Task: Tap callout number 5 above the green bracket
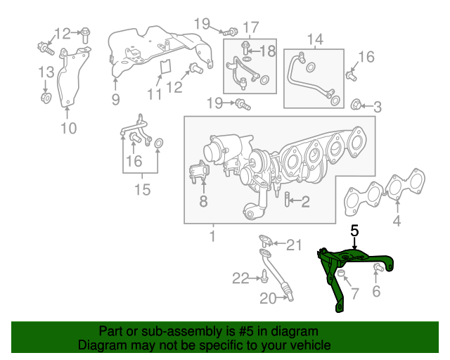click(355, 231)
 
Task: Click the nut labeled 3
click(356, 107)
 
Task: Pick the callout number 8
click(202, 202)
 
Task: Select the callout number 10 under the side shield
click(67, 127)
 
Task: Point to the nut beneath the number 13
click(46, 97)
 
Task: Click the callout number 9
click(115, 99)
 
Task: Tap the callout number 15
click(143, 189)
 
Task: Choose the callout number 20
click(268, 299)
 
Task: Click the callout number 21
click(293, 245)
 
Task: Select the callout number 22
click(241, 278)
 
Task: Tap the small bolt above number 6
click(377, 267)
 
